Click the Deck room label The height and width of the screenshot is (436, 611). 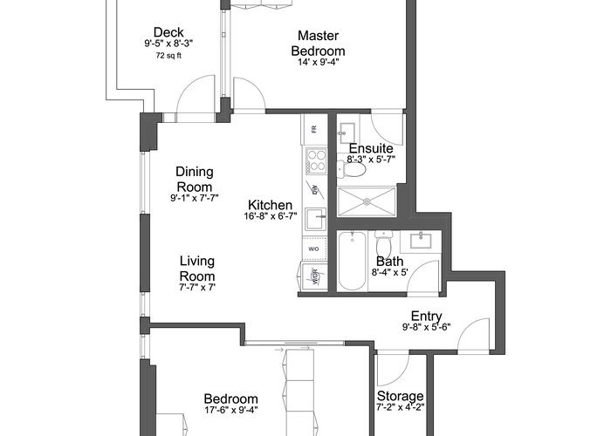(x=168, y=32)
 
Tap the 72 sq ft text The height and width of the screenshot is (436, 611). (x=168, y=56)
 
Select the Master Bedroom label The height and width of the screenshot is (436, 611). (x=318, y=44)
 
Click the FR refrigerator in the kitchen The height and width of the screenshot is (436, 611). (x=314, y=129)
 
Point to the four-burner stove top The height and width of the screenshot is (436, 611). (x=316, y=160)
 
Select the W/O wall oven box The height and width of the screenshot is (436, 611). (x=314, y=249)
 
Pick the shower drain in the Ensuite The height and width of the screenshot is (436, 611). (x=367, y=201)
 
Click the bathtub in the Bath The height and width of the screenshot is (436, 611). (x=353, y=261)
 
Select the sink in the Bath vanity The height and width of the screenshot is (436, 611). (x=421, y=240)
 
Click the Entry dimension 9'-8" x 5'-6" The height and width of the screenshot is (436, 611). (x=426, y=327)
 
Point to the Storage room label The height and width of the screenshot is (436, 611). (x=400, y=396)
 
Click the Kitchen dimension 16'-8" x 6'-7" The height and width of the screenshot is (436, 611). (x=271, y=216)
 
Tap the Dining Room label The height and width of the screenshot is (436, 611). (x=195, y=179)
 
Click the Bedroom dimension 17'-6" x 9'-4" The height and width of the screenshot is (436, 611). (x=231, y=410)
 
